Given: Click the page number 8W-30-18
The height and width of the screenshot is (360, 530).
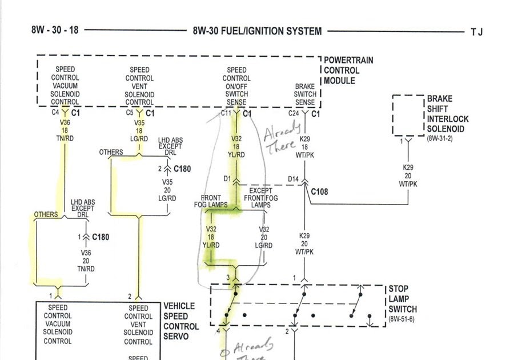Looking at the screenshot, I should click(55, 30).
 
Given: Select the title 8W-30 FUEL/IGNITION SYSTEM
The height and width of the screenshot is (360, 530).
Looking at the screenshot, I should click(257, 31).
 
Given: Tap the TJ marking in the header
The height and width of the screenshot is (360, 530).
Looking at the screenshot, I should click(477, 32).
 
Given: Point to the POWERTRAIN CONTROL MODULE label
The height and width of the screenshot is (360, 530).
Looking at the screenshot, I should click(342, 70).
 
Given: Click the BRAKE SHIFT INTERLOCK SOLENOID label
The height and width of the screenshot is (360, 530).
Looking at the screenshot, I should click(448, 114).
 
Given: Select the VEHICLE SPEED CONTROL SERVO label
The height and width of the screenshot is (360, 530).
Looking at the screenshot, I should click(181, 321).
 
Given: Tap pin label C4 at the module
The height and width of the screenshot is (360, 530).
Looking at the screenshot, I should click(55, 113).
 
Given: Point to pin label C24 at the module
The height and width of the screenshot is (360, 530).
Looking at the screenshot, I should click(294, 113).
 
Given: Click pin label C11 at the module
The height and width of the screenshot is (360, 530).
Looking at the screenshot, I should click(226, 113).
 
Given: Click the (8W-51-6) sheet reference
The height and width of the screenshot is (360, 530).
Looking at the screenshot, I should click(401, 319).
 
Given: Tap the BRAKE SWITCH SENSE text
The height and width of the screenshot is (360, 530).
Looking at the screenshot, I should click(305, 94).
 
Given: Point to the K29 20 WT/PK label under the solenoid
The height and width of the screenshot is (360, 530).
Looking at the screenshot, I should click(408, 176).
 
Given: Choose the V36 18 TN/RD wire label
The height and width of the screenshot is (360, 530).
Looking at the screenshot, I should click(65, 130).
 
